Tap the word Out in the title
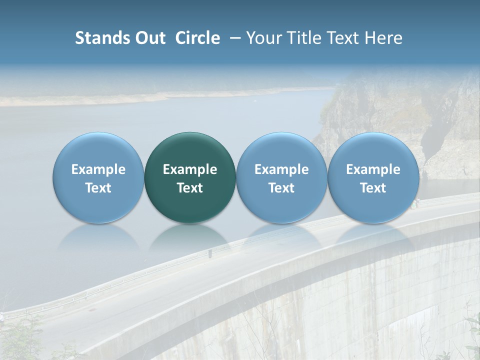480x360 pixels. (x=149, y=38)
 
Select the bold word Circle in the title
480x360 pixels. (x=197, y=38)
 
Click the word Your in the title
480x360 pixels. (x=264, y=38)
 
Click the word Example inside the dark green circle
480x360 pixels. (x=190, y=169)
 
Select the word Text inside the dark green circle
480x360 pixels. (x=190, y=188)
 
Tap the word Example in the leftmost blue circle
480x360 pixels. (x=98, y=169)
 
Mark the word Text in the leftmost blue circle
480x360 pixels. (x=98, y=188)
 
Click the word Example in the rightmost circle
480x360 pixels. (x=373, y=169)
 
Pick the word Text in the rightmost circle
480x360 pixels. (x=373, y=188)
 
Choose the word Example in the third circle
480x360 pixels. (x=281, y=169)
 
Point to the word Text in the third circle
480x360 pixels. (x=281, y=188)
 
